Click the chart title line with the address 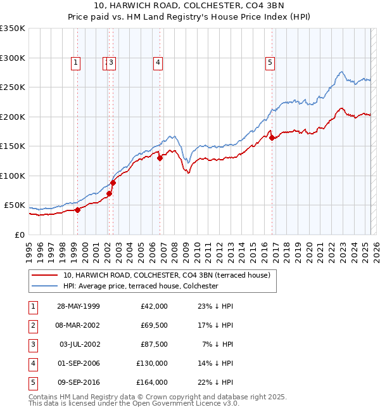[x=190, y=6]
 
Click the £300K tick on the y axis [x=13, y=58]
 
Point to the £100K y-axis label [x=13, y=176]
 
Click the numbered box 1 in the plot [x=76, y=62]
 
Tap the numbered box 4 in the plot [x=157, y=62]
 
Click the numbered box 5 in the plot [x=270, y=62]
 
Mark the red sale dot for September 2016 [x=272, y=138]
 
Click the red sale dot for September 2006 [x=160, y=158]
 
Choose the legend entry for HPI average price [x=141, y=286]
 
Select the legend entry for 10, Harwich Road [x=167, y=275]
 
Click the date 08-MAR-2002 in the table [x=79, y=325]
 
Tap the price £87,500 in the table [x=154, y=344]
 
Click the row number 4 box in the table [x=33, y=363]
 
